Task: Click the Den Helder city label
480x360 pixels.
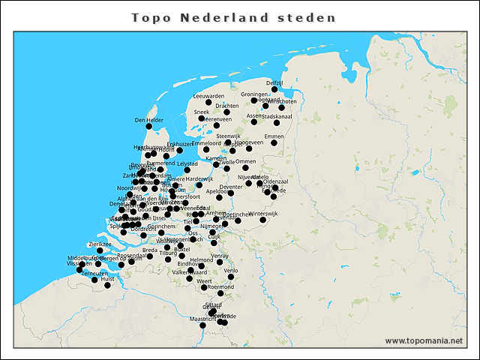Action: click(x=148, y=120)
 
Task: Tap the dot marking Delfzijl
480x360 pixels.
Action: click(x=274, y=89)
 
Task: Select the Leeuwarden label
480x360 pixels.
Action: click(x=208, y=96)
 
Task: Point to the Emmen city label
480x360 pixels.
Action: click(x=274, y=136)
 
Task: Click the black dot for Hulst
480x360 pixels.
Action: click(x=107, y=285)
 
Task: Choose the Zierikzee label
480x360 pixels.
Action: click(x=100, y=244)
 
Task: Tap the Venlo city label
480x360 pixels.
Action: click(x=231, y=270)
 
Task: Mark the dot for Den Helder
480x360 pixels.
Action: click(x=148, y=126)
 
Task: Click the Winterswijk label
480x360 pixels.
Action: click(x=263, y=213)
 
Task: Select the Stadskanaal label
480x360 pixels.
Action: click(x=277, y=116)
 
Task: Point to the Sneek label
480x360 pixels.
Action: click(x=201, y=112)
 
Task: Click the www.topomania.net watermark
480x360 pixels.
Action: click(x=424, y=340)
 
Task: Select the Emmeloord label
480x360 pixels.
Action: click(x=206, y=142)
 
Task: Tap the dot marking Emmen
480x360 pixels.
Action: click(x=274, y=142)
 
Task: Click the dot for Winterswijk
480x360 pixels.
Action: click(x=263, y=220)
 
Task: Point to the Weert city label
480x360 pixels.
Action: click(x=204, y=280)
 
